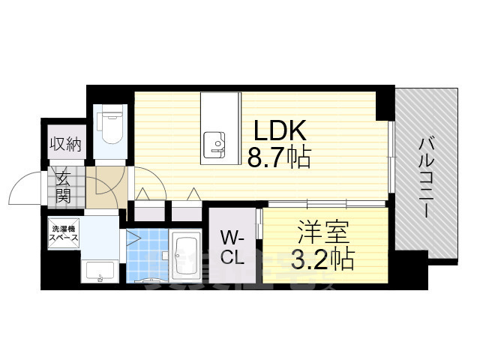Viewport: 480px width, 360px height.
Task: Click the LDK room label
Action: point(279,132)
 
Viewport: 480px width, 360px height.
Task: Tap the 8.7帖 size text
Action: point(279,158)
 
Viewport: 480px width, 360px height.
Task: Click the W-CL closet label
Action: point(231,247)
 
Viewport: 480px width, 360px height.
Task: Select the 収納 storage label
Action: point(65,143)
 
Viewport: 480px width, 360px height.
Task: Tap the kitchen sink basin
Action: point(214,142)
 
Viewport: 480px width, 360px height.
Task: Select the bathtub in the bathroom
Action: point(184,255)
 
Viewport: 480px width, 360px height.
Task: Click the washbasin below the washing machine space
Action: point(99,273)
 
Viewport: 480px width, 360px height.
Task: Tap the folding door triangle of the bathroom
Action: point(132,240)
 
